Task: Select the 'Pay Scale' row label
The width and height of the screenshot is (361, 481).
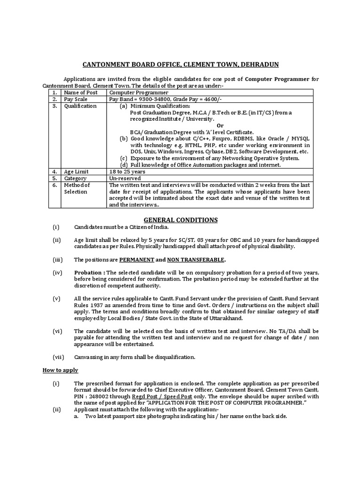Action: click(77, 100)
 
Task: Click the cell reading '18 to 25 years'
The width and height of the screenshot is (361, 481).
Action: click(126, 172)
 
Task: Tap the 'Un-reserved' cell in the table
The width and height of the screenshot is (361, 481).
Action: click(124, 178)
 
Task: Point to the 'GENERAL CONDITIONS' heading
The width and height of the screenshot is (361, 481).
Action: click(180, 220)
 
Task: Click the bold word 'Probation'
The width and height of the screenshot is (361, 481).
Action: click(88, 273)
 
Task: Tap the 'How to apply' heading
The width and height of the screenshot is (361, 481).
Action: click(61, 370)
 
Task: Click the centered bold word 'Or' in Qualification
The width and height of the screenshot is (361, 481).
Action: click(220, 125)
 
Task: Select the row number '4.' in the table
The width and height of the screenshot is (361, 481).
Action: click(55, 172)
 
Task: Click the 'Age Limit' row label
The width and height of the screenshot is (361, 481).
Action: click(77, 172)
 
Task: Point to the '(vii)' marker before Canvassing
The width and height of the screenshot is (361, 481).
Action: click(58, 357)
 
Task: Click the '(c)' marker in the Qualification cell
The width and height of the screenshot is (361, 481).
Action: click(124, 158)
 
